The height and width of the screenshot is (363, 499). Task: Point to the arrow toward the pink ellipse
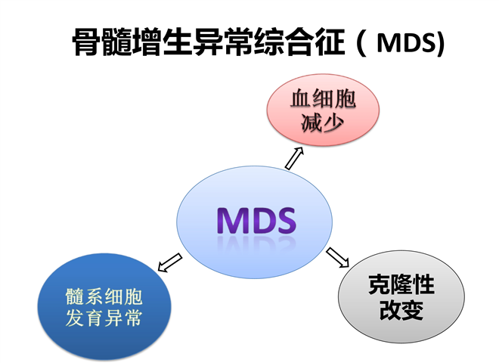(x=293, y=159)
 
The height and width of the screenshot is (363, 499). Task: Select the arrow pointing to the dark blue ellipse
(x=170, y=262)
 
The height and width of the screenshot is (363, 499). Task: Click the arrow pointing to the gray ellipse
(x=338, y=257)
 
